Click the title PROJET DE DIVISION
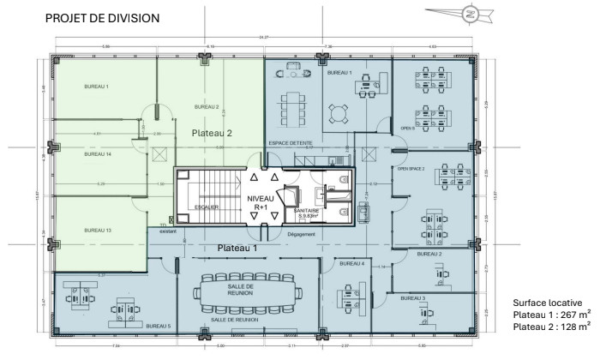coord(102,18)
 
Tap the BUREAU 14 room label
coord(97,154)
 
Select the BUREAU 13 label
coord(97,231)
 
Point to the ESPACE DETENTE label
coord(290,142)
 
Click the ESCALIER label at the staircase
coord(206,207)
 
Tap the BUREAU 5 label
coord(158,327)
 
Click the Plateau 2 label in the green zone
coord(211,133)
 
